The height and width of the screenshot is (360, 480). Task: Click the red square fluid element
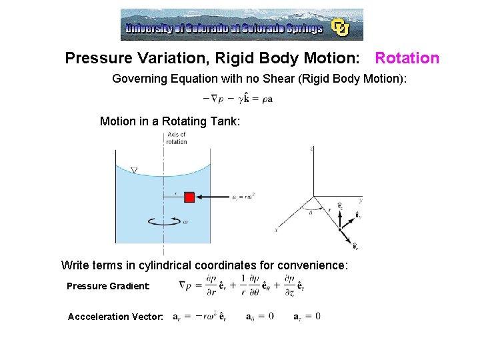[x=189, y=197]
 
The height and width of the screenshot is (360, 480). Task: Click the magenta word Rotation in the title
[x=407, y=58]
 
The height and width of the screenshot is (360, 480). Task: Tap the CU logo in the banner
[x=341, y=27]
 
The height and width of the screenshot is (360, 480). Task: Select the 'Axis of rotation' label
[x=177, y=138]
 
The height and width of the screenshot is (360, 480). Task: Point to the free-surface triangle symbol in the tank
[x=134, y=171]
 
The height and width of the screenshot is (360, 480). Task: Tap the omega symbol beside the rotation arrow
[x=185, y=222]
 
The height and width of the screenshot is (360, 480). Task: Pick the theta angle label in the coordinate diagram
[x=311, y=213]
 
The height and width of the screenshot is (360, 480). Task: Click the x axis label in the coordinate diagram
[x=275, y=231]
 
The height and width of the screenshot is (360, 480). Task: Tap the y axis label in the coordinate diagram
[x=361, y=200]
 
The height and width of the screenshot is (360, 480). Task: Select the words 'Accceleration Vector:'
[x=115, y=317]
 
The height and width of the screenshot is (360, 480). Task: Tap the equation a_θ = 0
[x=260, y=316]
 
